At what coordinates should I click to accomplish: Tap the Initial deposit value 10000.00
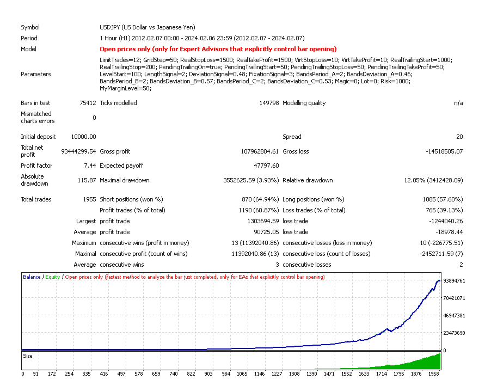coord(83,137)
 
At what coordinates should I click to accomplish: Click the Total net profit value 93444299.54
coord(74,151)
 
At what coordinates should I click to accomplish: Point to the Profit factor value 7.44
coord(89,166)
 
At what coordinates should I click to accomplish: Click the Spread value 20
coord(459,137)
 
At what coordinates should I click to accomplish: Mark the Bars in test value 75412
coord(87,103)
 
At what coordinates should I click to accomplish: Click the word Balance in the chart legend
coord(32,277)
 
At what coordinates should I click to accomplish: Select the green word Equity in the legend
coord(52,277)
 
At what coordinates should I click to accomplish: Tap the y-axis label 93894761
coord(454,281)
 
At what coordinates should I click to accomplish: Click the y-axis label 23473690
coord(454,333)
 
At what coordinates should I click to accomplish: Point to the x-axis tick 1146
coord(259,374)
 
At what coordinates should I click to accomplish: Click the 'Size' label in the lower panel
coord(28,356)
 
